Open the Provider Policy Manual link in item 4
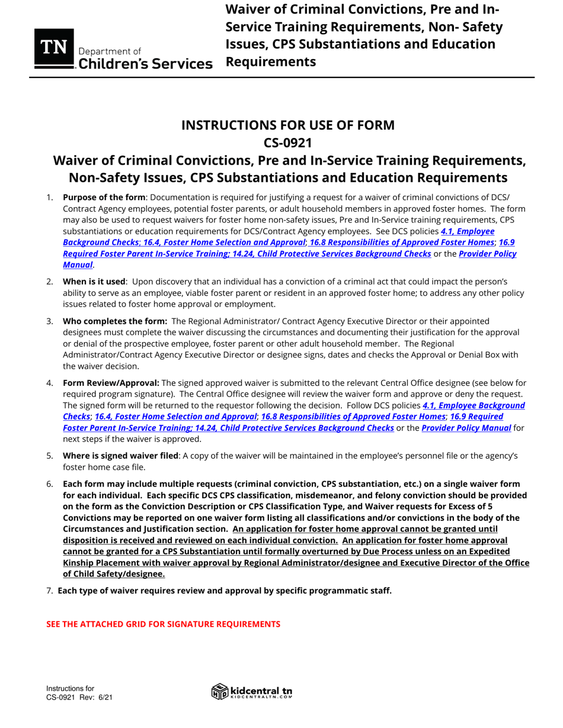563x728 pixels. coord(466,428)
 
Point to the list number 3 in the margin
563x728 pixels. coord(50,321)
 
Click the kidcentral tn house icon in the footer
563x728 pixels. coord(219,691)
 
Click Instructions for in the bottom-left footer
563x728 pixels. coord(71,688)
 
